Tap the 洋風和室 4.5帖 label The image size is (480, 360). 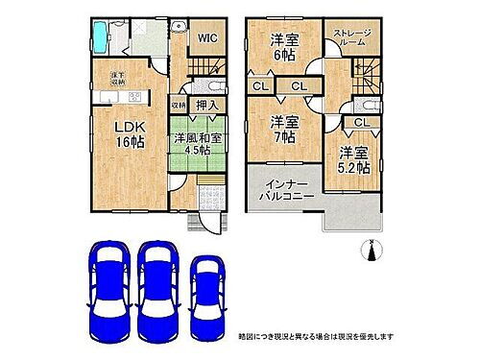[x=200, y=144]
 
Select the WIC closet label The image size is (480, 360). [x=206, y=37]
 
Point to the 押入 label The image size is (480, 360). [x=205, y=106]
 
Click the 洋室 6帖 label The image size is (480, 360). [x=282, y=48]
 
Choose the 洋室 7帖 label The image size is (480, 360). [x=282, y=131]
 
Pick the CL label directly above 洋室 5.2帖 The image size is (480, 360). [x=360, y=123]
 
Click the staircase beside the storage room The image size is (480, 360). [x=368, y=74]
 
